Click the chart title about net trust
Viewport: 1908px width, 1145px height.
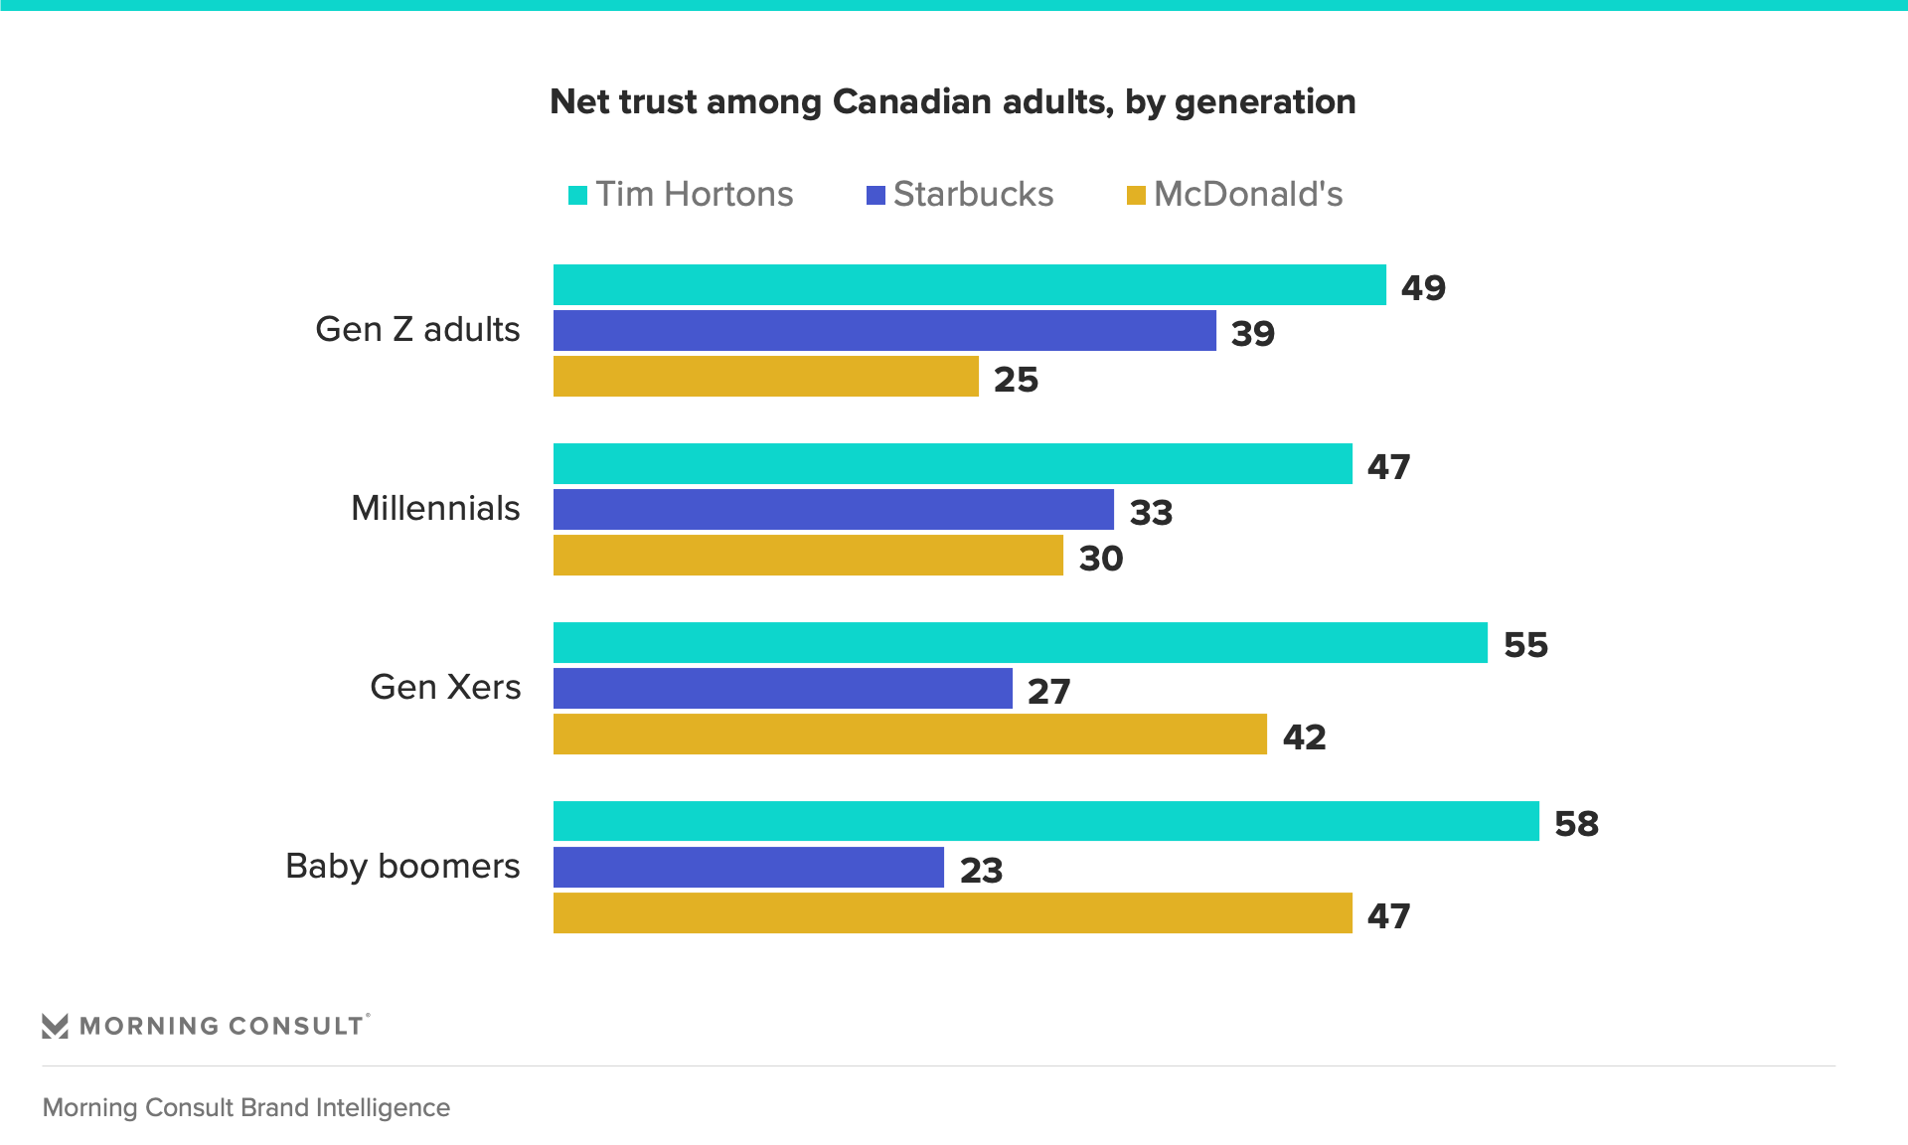coord(952,102)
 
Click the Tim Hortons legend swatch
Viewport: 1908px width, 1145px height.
coord(577,195)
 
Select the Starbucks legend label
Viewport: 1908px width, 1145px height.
coord(973,194)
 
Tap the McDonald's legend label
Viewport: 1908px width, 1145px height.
coord(1247,194)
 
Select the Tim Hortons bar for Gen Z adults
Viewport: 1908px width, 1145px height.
coord(969,285)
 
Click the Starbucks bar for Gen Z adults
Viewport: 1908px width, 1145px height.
coord(884,331)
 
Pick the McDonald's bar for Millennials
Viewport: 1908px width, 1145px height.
coord(808,556)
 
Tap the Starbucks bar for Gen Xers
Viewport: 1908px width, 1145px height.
coord(782,689)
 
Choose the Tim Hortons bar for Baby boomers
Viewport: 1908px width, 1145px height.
coord(1045,822)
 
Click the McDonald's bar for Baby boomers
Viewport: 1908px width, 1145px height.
coord(952,913)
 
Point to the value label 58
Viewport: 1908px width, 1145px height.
coord(1576,824)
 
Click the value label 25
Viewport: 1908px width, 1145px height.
coord(1016,380)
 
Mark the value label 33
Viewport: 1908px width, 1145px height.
coord(1151,513)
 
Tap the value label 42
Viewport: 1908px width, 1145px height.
coord(1304,737)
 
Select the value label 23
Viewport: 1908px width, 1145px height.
coord(981,871)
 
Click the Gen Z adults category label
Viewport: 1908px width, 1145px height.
coord(417,329)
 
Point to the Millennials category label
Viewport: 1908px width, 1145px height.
coord(435,508)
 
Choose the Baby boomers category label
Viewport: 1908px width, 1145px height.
coord(402,866)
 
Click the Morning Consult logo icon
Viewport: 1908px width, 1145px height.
coord(56,1026)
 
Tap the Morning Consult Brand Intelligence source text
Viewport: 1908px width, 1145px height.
coord(246,1107)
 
